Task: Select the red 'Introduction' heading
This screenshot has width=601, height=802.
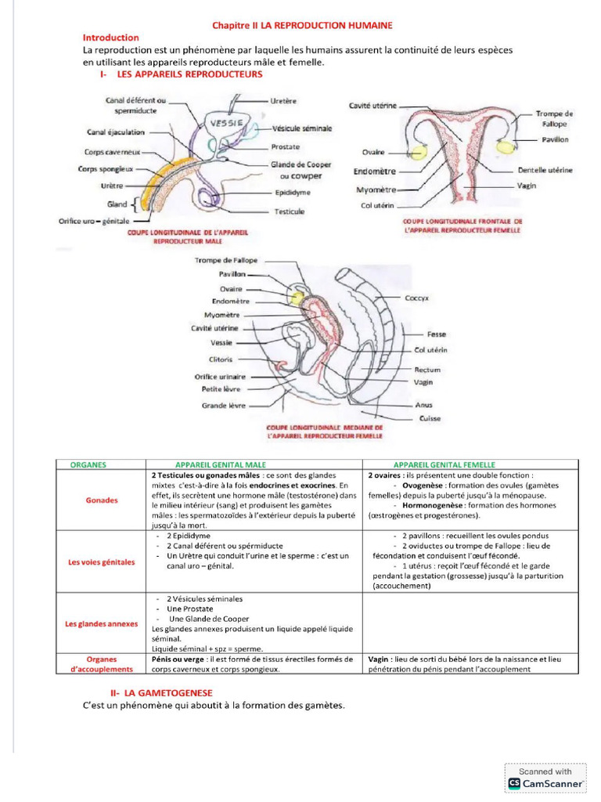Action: [111, 38]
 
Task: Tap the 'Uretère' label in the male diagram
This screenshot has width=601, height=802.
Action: [283, 101]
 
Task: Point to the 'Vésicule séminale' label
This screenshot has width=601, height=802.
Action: [302, 128]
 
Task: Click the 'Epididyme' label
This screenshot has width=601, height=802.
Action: [293, 193]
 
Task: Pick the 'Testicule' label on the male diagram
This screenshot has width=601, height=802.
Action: [290, 211]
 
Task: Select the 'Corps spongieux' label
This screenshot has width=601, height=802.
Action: [106, 168]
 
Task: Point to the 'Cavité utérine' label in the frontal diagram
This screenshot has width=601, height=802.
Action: [372, 105]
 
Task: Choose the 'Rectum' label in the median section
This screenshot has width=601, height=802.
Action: [427, 370]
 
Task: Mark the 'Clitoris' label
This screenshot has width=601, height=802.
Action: [221, 359]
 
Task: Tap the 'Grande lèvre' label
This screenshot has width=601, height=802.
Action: [223, 406]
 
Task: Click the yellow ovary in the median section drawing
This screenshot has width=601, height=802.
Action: [297, 297]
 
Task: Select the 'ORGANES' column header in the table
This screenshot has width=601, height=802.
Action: [88, 464]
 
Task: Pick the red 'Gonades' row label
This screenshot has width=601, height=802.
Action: [102, 500]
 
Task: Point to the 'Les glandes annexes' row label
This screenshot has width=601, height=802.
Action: [101, 624]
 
